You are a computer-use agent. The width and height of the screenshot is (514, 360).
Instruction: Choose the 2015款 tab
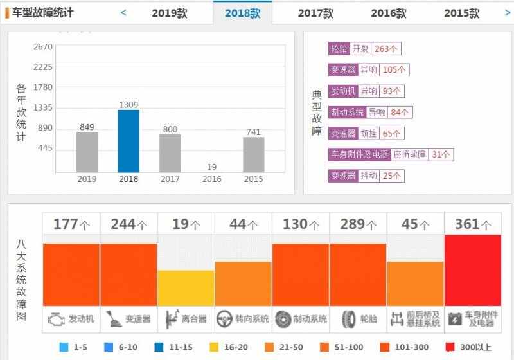pyautogui.click(x=461, y=13)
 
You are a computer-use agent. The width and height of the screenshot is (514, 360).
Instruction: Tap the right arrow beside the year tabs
pyautogui.click(x=507, y=12)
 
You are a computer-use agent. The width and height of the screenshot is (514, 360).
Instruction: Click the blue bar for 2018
pyautogui.click(x=128, y=141)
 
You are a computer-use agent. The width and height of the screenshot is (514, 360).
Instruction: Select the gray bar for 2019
pyautogui.click(x=87, y=152)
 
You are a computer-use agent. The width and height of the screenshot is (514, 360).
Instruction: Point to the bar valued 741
pyautogui.click(x=253, y=154)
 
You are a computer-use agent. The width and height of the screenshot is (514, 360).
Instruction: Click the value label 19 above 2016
pyautogui.click(x=212, y=166)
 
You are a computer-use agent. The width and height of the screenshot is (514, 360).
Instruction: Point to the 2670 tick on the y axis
pyautogui.click(x=43, y=47)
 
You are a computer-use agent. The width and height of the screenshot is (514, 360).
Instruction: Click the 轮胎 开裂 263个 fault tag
pyautogui.click(x=364, y=49)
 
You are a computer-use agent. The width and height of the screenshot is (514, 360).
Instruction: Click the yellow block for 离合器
pyautogui.click(x=186, y=287)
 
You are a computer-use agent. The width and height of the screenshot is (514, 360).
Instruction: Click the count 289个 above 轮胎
pyautogui.click(x=358, y=224)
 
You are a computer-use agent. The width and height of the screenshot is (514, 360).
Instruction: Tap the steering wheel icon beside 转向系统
pyautogui.click(x=224, y=318)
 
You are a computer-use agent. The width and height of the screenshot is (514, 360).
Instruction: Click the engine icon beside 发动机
pyautogui.click(x=56, y=318)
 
